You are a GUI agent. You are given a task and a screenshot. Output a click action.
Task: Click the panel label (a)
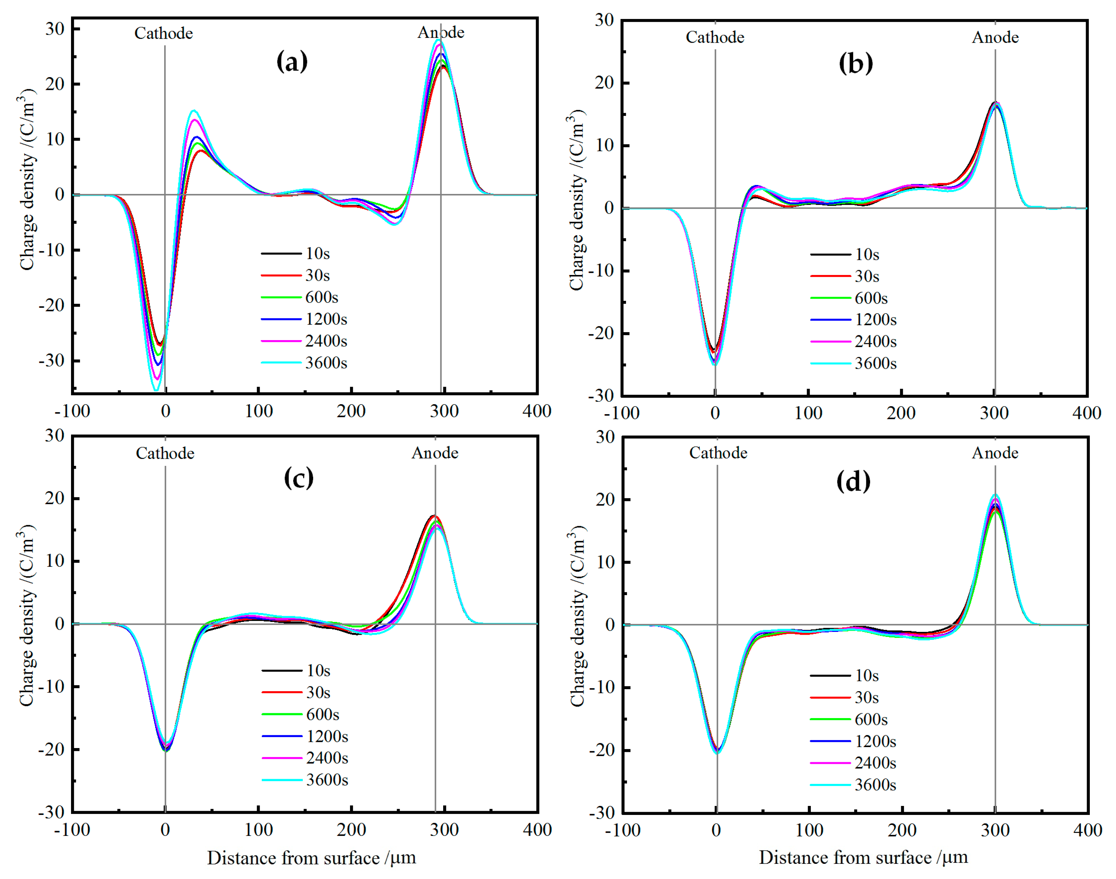pos(292,62)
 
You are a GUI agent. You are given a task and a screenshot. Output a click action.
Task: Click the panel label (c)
pos(299,479)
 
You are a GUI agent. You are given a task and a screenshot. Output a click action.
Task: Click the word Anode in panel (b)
pos(995,38)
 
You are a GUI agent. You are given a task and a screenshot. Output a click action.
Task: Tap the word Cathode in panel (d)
pos(718,453)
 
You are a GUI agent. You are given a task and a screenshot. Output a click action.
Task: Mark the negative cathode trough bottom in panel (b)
pos(715,364)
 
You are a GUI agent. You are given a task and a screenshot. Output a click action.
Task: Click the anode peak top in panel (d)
pos(995,495)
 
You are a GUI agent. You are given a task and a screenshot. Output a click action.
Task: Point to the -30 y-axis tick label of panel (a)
pos(51,360)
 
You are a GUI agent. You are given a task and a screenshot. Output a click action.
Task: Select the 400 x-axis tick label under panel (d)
pos(1087,830)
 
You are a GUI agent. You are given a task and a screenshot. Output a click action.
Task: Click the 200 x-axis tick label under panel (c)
pos(351,830)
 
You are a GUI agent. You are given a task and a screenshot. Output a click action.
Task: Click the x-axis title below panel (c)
pos(311,858)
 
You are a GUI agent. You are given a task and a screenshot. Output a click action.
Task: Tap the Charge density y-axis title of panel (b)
pos(577,201)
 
